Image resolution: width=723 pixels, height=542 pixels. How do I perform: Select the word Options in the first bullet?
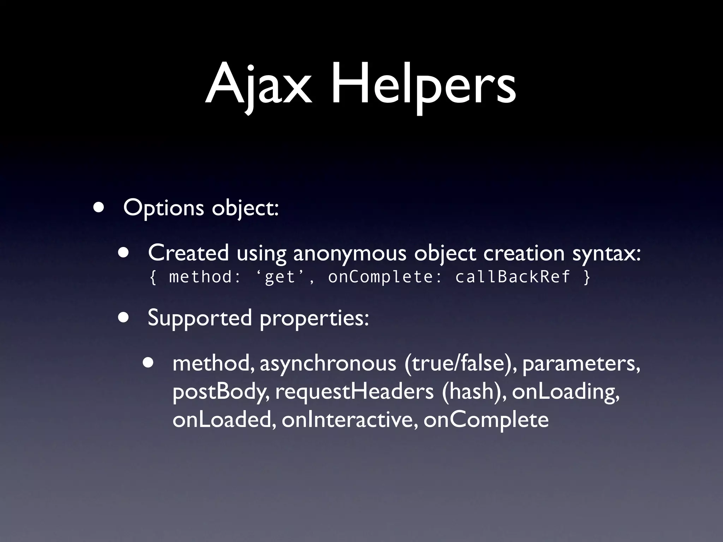[x=163, y=208]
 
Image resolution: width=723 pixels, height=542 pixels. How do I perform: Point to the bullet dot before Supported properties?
[x=124, y=317]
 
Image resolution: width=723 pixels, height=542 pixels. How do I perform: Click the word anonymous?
[x=349, y=254]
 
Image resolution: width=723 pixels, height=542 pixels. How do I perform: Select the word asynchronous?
[x=328, y=364]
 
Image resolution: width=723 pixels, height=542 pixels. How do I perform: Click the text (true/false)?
[x=460, y=364]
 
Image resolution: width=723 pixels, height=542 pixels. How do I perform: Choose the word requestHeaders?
[x=354, y=391]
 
